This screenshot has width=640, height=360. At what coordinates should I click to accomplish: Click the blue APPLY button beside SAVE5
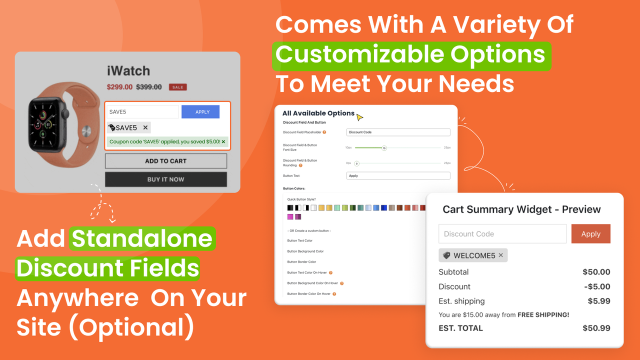pyautogui.click(x=200, y=112)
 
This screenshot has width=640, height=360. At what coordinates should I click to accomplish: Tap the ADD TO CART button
pyautogui.click(x=165, y=161)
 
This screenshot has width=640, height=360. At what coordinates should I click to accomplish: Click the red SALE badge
pyautogui.click(x=177, y=87)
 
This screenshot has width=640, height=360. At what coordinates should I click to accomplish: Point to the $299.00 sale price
pyautogui.click(x=119, y=87)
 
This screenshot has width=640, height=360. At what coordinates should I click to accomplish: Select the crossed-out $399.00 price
pyautogui.click(x=149, y=87)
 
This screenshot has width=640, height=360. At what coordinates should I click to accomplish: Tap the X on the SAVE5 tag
pyautogui.click(x=145, y=127)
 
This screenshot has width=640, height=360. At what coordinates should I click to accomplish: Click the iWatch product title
pyautogui.click(x=128, y=71)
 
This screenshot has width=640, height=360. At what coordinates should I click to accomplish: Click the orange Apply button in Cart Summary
pyautogui.click(x=590, y=234)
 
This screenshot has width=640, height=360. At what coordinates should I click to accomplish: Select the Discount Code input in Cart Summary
pyautogui.click(x=502, y=234)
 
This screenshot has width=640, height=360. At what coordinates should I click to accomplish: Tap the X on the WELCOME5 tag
pyautogui.click(x=500, y=255)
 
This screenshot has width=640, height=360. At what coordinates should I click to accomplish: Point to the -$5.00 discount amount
pyautogui.click(x=597, y=286)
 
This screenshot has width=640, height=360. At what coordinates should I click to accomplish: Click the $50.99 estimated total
pyautogui.click(x=596, y=328)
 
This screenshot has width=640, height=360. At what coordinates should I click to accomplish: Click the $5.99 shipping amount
pyautogui.click(x=599, y=301)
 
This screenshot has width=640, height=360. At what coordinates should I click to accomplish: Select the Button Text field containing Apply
pyautogui.click(x=398, y=176)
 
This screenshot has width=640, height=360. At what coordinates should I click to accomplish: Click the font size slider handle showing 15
pyautogui.click(x=384, y=148)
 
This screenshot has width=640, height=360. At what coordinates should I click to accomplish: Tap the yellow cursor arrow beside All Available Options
pyautogui.click(x=359, y=117)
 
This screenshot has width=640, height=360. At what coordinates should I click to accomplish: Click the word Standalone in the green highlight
pyautogui.click(x=142, y=239)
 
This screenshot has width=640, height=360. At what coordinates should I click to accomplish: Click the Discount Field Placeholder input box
pyautogui.click(x=398, y=132)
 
